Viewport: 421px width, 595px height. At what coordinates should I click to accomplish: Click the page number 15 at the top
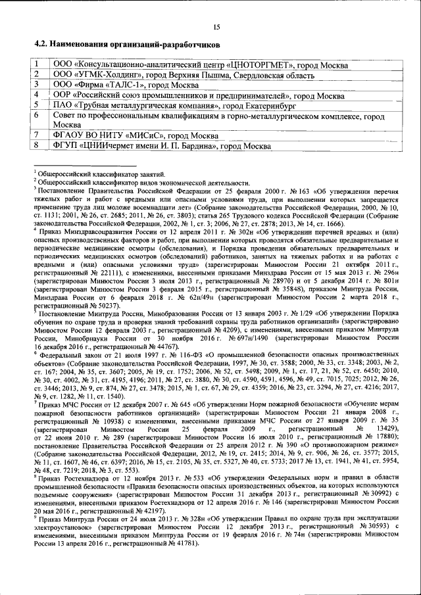pos(216,27)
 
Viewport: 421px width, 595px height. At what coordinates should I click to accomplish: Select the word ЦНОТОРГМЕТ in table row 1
pos(257,64)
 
